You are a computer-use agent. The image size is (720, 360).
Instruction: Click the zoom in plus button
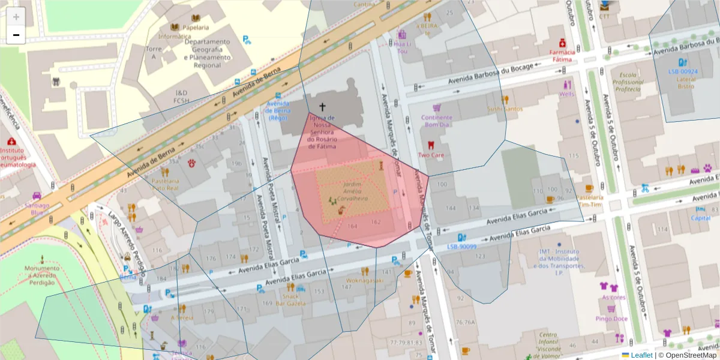point(16,17)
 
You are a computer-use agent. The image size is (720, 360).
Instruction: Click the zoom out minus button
point(16,35)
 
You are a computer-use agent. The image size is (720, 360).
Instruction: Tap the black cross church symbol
point(322,107)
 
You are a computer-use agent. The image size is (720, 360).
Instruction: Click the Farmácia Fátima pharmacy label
point(562,56)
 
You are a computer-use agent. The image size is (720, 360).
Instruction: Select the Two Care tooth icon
point(430,145)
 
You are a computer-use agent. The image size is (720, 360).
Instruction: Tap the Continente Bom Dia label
point(437,121)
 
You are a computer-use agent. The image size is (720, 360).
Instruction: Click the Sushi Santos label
point(505,109)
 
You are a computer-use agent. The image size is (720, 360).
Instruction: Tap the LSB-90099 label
point(462,247)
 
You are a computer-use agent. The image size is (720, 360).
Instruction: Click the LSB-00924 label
point(683,71)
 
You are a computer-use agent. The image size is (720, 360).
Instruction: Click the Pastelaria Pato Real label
point(165,184)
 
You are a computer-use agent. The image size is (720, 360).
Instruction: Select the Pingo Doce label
point(612,319)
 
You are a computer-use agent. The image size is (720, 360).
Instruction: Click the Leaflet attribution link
point(641,355)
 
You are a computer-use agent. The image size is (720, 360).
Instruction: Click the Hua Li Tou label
point(402,47)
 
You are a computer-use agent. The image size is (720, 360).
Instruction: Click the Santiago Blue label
point(37,208)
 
